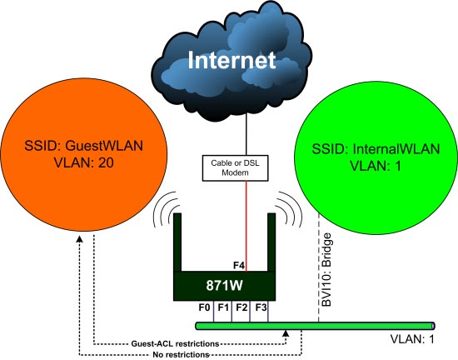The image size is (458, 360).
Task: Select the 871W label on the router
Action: coord(222,285)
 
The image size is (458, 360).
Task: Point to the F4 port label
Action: coord(239,267)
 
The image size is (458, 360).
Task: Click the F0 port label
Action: coord(203,307)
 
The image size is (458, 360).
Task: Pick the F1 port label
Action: coord(222,307)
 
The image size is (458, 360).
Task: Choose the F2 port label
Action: coord(241,307)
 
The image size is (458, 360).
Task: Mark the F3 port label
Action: coord(260,307)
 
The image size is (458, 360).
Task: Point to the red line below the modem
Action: coord(246,225)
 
